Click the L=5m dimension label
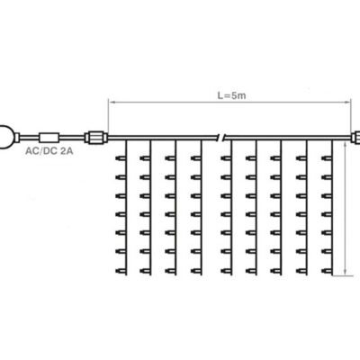[231, 95]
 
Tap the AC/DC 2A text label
[49, 150]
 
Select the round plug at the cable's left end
[7, 137]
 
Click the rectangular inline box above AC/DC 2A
[49, 138]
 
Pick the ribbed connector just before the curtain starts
[96, 138]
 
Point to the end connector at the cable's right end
[355, 138]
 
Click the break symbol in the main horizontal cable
[221, 138]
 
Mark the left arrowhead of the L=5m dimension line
[111, 103]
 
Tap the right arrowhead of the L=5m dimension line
[347, 103]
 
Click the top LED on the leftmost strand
[121, 158]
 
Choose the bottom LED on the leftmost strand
[121, 271]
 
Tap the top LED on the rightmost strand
[327, 158]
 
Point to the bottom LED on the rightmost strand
[327, 271]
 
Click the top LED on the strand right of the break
[226, 158]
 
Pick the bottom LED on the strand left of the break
[196, 271]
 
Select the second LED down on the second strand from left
[145, 177]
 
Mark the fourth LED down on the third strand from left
[170, 214]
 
